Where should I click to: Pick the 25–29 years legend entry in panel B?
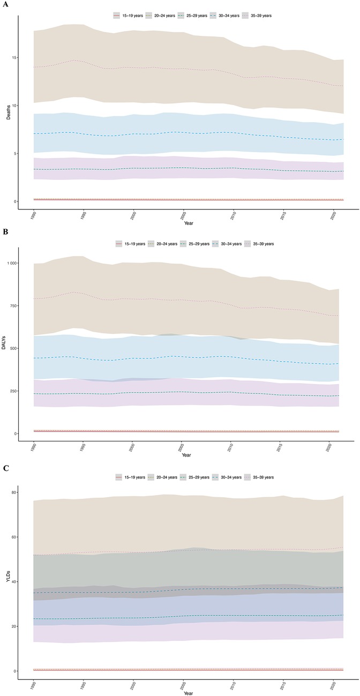[x=194, y=244]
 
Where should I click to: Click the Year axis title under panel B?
[x=185, y=455]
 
